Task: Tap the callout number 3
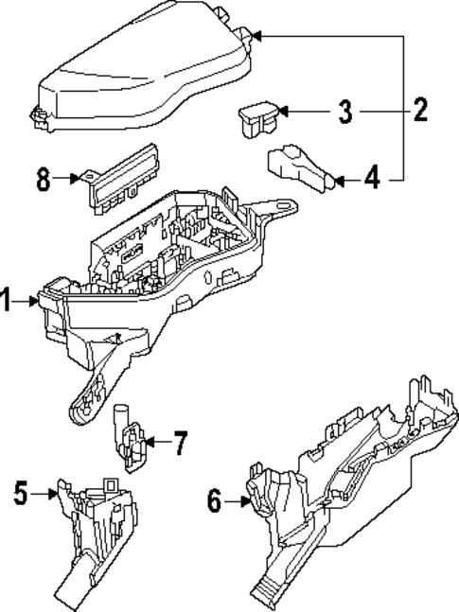coord(345,113)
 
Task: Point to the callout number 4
coord(372,177)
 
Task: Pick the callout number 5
coord(22,491)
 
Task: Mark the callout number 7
coord(181,442)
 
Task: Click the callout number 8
coord(43,178)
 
